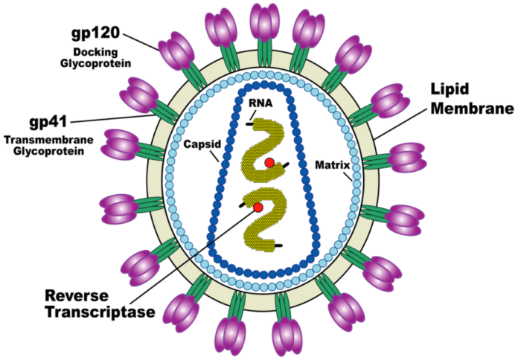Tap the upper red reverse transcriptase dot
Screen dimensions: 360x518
click(269, 163)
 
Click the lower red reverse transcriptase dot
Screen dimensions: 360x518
click(258, 207)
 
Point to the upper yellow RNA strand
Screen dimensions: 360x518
click(262, 145)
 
